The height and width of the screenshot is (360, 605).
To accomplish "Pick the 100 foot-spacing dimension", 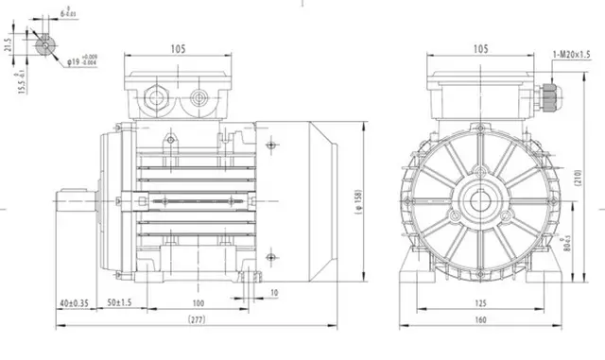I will coord(198,302).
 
